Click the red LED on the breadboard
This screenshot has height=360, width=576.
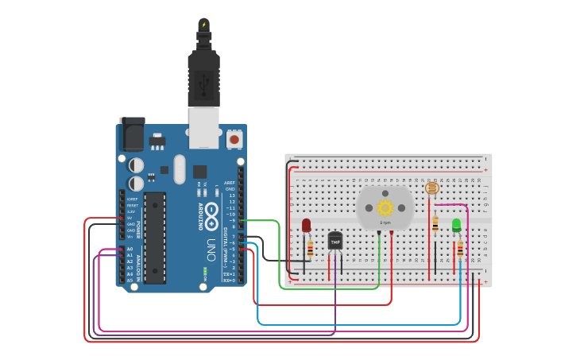pos(306,226)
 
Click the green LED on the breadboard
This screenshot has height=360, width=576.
pos(456,225)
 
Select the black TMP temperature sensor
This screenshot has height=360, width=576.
pos(335,240)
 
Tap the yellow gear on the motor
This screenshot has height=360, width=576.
pos(385,208)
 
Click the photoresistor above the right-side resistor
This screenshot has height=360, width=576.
pos(432,188)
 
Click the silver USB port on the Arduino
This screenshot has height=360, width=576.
pos(203,128)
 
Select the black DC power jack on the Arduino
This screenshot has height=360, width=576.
pos(132,134)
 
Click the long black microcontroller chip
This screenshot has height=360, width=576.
pos(154,237)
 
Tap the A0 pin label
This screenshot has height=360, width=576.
pos(130,249)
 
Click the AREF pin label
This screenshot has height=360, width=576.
pos(230,183)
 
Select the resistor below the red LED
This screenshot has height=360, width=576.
pos(310,249)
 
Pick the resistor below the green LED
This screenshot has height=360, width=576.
pos(459,250)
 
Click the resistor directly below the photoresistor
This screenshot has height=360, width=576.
pos(435,223)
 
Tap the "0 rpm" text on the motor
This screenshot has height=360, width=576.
pos(385,223)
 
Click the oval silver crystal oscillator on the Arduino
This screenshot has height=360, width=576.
pos(179,168)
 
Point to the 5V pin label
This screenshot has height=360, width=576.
pos(130,218)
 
